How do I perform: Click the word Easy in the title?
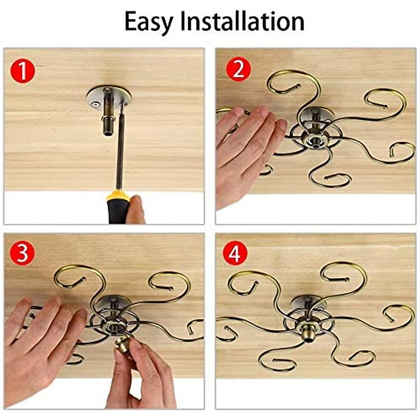click(x=149, y=22)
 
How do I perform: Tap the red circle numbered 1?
click(x=23, y=71)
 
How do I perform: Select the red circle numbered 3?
click(x=22, y=253)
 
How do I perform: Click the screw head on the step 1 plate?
click(x=95, y=103)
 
